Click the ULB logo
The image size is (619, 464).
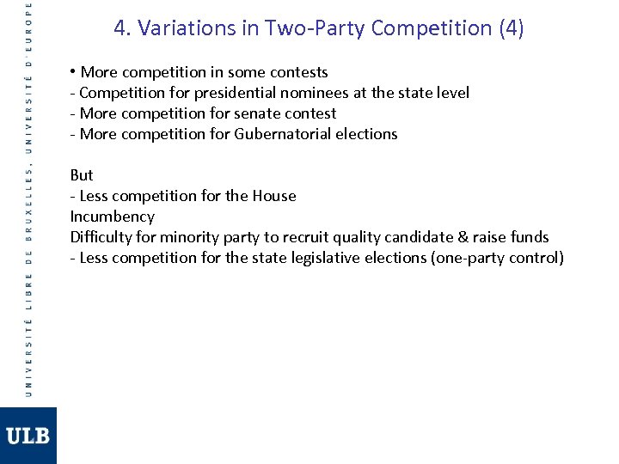(x=28, y=436)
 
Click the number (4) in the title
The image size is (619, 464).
(x=511, y=28)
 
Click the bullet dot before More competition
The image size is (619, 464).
(x=74, y=72)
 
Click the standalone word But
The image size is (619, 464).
(x=82, y=175)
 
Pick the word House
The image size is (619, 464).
(x=273, y=196)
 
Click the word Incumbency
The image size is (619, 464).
(x=112, y=217)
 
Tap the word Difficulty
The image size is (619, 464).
(x=102, y=237)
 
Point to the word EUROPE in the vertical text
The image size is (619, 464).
(x=28, y=27)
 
